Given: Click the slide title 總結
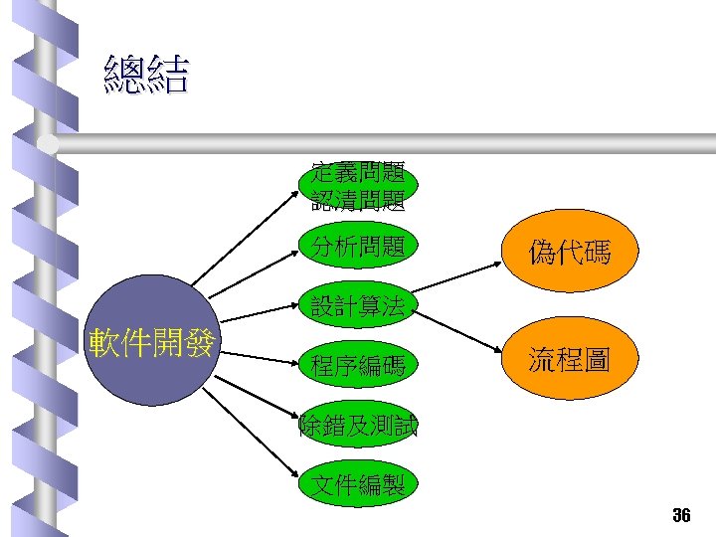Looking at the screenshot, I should coord(145,76).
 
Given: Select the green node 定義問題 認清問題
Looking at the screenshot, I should coord(358,186).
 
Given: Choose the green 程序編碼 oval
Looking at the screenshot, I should coord(358,367).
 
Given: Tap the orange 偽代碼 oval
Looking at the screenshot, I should coord(570,255).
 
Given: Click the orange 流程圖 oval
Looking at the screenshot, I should coord(570,360).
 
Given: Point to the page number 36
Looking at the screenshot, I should coord(681,515).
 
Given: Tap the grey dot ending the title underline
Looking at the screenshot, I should coord(49,145).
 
